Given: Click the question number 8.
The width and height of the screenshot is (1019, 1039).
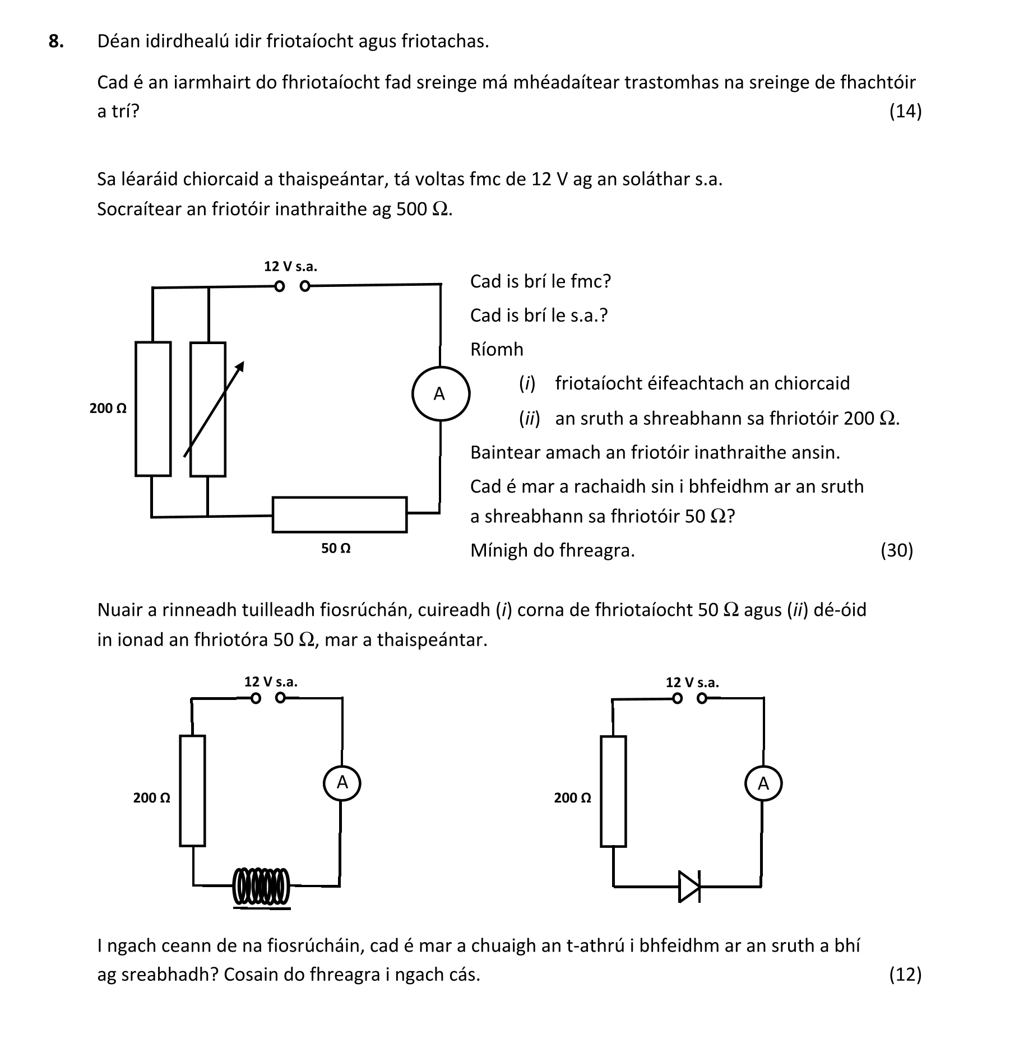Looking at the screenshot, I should pos(55,41).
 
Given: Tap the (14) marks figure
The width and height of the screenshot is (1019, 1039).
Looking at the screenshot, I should pos(905,111).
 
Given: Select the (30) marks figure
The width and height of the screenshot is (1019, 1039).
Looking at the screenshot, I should pos(896,550).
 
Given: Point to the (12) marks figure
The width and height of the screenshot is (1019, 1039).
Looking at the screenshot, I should pos(905,974).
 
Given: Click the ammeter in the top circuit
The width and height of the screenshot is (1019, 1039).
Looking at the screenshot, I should pos(440,394).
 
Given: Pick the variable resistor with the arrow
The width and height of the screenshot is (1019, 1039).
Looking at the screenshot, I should pos(208,409).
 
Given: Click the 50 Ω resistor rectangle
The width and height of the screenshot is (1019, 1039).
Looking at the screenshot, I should pos(339,514).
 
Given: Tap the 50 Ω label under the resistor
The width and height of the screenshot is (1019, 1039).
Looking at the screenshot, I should pos(336,549).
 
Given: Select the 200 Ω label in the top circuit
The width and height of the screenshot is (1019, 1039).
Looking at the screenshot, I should pos(108,409).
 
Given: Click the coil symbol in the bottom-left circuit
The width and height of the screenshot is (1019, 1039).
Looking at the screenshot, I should pos(261,886).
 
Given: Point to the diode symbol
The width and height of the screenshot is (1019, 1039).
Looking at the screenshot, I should pos(689,886).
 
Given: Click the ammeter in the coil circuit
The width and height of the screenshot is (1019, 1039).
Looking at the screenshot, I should pos(342,783).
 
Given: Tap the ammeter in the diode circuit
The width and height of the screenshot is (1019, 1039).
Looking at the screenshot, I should pos(763,784).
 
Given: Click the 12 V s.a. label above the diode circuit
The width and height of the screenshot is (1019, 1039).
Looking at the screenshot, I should pos(692,683).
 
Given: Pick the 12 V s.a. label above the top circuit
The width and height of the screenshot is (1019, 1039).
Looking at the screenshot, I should pos(290,267).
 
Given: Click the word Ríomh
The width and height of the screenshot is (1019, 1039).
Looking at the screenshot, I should pos(497,349).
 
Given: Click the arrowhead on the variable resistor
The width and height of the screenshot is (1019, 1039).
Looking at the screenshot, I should pos(240,366).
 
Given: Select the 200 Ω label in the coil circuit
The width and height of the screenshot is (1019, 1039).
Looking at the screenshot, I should pos(151,798).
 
